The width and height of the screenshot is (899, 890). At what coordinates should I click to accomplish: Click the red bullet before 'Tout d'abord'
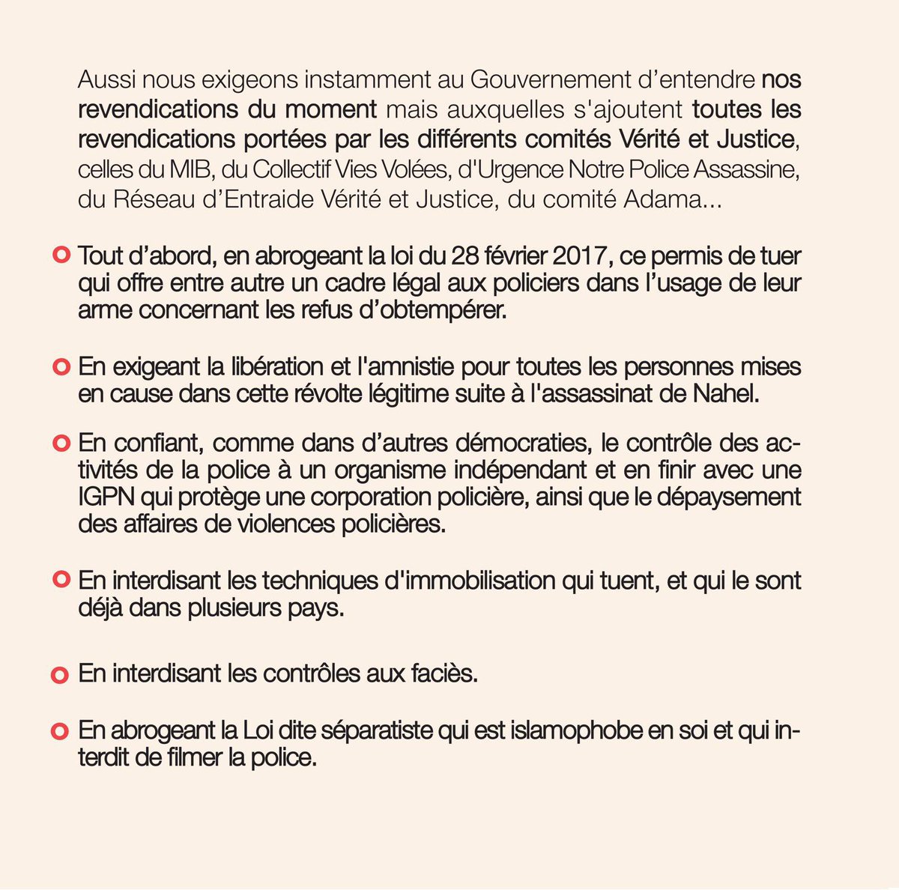pos(60,255)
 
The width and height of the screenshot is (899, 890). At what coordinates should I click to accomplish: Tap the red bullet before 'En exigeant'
pos(60,368)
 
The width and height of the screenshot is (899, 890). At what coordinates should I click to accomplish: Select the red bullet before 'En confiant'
pos(60,443)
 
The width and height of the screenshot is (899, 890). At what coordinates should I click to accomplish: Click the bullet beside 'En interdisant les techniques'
pos(60,581)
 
